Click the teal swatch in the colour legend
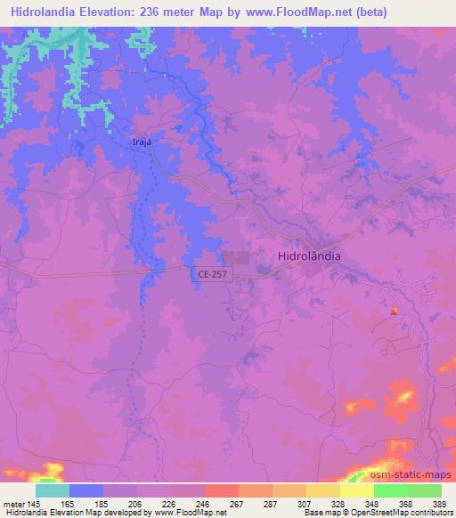click(x=53, y=490)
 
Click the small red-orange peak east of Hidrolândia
click(x=394, y=310)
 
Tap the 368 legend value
click(x=405, y=503)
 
